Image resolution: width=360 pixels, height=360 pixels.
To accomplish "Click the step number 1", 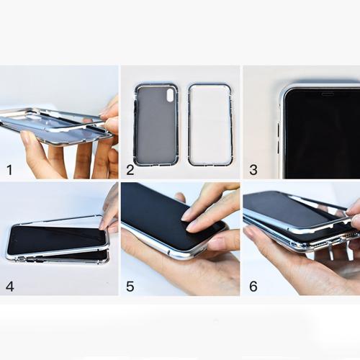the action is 9,170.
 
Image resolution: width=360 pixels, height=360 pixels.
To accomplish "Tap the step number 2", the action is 130,170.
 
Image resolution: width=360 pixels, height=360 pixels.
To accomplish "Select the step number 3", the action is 253,170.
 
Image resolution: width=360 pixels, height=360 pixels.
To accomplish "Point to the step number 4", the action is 10,287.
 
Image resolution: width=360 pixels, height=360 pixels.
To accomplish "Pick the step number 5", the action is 130,287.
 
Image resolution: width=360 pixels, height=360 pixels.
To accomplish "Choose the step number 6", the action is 253,287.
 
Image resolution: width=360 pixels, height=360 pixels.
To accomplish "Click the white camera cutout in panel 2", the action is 170,95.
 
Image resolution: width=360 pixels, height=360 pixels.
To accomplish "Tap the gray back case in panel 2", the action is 156,125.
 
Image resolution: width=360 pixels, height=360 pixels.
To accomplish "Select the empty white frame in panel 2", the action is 189,125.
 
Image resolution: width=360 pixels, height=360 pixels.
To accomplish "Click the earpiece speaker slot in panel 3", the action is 328,94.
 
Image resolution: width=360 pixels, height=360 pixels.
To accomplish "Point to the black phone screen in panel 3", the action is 322,134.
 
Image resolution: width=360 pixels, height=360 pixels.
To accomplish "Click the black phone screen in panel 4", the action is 56,239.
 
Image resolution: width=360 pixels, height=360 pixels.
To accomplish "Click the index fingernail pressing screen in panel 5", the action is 186,218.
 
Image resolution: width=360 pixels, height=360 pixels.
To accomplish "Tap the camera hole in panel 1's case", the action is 39,119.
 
